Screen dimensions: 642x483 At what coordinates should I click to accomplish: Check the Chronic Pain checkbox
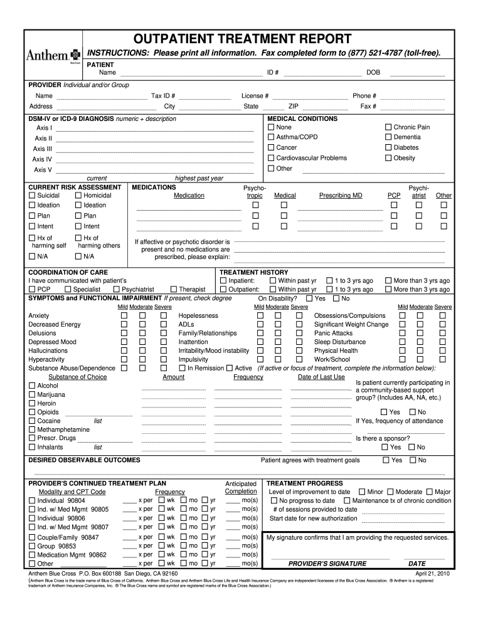[388, 127]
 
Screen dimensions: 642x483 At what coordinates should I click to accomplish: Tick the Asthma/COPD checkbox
[271, 137]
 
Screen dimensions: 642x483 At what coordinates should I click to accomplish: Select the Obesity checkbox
[388, 158]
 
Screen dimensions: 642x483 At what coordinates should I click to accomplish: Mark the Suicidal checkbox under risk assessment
[32, 196]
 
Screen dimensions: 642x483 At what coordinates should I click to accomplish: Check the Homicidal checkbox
[78, 196]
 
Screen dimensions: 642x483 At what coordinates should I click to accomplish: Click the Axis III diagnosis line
[155, 149]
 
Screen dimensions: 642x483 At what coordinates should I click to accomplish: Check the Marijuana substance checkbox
[32, 395]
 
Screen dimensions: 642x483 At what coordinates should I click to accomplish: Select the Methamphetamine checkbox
[32, 429]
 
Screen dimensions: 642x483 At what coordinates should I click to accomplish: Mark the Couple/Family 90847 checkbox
[32, 538]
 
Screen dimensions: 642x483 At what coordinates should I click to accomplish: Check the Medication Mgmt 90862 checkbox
[32, 555]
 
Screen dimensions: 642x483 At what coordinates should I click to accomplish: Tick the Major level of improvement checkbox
[428, 492]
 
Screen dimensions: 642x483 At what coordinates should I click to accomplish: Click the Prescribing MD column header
[341, 196]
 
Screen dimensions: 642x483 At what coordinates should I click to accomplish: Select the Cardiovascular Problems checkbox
[271, 158]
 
